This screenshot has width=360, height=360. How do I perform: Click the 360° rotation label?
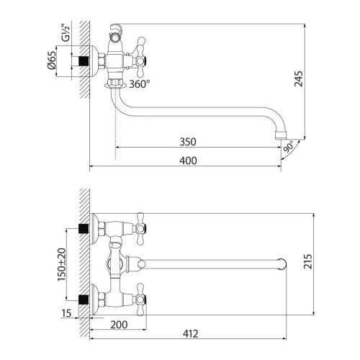pyautogui.click(x=139, y=84)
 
